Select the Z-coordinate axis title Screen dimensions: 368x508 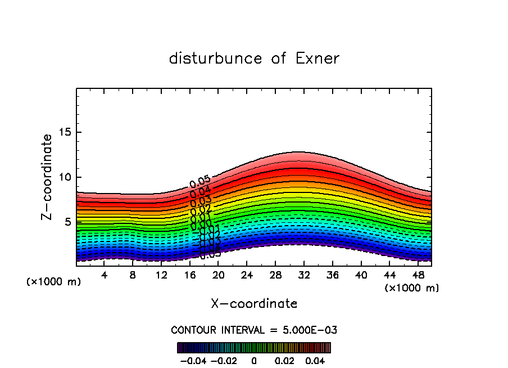click(48, 177)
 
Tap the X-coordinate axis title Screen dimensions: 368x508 click(254, 304)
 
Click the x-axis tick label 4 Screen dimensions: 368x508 click(104, 275)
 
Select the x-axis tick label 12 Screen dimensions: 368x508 click(161, 275)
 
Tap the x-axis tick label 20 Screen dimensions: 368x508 click(219, 275)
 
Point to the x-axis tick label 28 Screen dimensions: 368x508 click(275, 275)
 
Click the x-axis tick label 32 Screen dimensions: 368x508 click(304, 275)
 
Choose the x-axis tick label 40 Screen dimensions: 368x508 click(361, 275)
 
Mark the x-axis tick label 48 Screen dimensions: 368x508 click(418, 275)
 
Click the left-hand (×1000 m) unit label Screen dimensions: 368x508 click(54, 282)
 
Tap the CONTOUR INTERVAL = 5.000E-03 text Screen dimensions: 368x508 click(254, 330)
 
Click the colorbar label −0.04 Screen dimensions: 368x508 click(193, 360)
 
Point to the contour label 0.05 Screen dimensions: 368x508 click(199, 181)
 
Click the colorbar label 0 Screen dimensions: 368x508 click(254, 360)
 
